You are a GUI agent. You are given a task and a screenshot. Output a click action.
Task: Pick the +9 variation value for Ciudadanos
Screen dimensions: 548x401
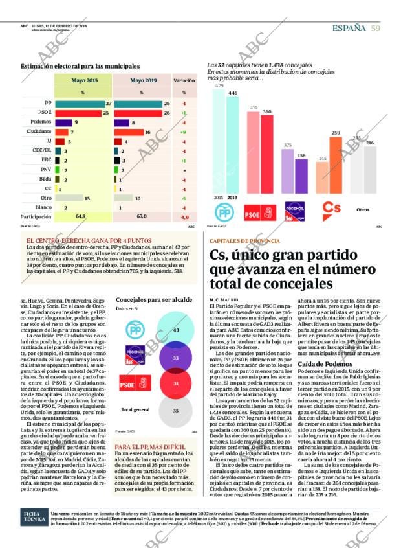[x=184, y=131]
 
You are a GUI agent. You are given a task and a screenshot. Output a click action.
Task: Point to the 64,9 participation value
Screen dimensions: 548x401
[x=81, y=216]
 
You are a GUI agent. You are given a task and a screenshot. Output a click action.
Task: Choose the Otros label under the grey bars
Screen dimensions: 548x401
[x=363, y=210]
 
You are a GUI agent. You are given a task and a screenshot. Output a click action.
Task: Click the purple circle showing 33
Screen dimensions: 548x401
[x=175, y=358]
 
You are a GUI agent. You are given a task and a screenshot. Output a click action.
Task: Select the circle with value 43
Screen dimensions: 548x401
[x=175, y=330]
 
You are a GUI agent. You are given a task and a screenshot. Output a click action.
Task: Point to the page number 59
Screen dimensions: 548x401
[x=375, y=28]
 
